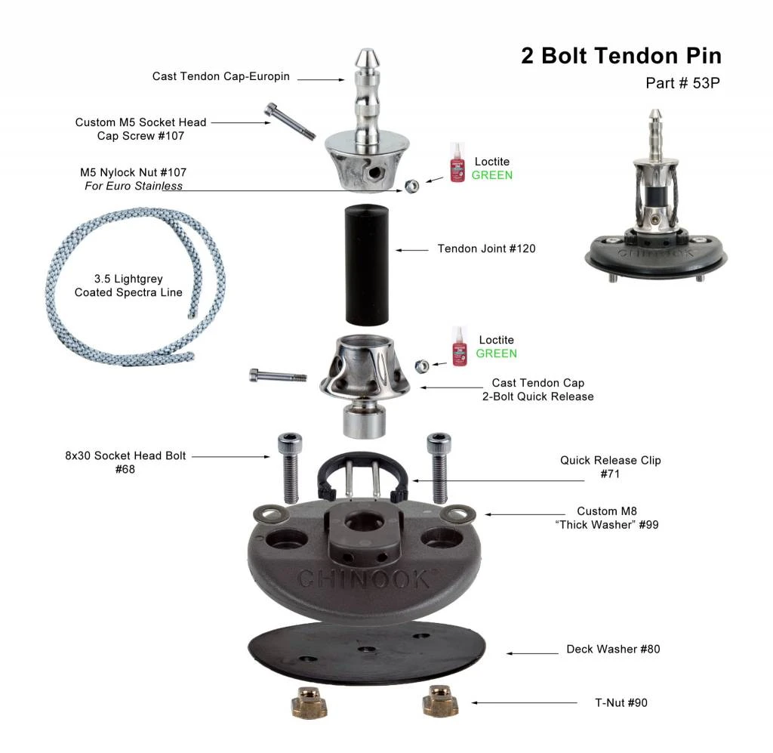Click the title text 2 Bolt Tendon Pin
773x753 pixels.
click(621, 56)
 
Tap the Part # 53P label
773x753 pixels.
click(682, 83)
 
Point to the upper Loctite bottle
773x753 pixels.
click(457, 162)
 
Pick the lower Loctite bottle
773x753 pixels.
click(459, 347)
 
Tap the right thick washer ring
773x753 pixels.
click(454, 514)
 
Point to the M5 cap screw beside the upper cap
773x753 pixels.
click(288, 122)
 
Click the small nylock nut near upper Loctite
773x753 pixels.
click(412, 185)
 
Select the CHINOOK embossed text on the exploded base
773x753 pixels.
click(364, 580)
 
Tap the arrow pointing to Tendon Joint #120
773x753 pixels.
click(411, 249)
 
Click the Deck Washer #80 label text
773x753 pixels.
click(613, 650)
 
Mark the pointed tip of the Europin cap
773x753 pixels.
click(364, 55)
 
